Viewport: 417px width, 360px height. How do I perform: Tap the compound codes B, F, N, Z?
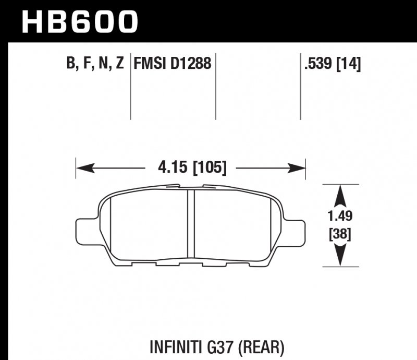tap(95, 64)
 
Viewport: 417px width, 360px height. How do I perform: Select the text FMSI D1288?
tap(173, 64)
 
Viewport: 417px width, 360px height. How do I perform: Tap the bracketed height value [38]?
tap(340, 234)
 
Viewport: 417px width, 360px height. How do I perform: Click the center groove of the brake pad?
tap(191, 224)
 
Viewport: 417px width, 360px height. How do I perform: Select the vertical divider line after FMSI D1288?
tap(216, 86)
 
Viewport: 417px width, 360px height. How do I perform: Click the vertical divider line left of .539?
tap(301, 86)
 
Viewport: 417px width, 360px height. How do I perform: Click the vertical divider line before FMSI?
tap(130, 86)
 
